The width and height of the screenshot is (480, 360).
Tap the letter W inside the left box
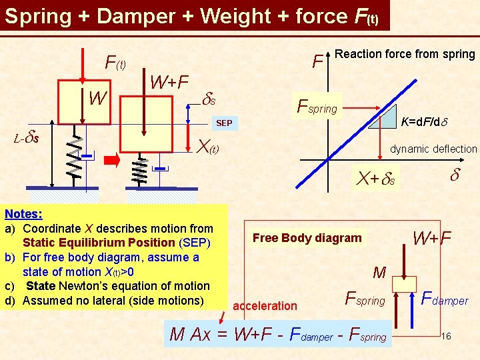98,99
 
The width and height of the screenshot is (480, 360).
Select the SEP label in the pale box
224,123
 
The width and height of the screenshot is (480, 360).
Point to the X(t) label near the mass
208,145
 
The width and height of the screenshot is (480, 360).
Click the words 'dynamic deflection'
433,149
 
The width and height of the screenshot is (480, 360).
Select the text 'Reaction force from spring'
405,54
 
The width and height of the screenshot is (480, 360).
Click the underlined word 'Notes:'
23,214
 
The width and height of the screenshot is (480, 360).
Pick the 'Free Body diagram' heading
307,238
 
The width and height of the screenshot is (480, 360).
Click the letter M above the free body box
380,272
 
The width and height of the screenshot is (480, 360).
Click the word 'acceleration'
265,306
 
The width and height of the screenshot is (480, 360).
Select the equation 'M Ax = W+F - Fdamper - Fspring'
278,335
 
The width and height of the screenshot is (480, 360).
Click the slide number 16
446,336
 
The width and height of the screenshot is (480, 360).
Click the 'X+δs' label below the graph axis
375,179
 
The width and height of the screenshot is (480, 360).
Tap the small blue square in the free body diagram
403,284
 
